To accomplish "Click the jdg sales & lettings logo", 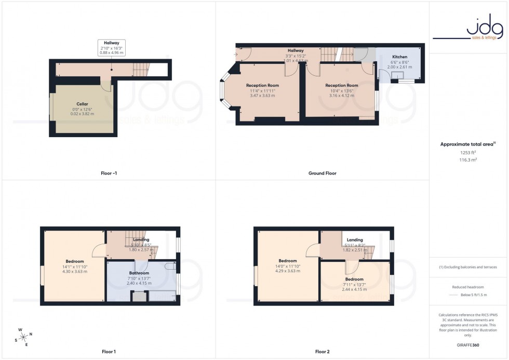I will point(468,30).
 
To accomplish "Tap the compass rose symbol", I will point(24,337).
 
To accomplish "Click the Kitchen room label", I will point(400,56).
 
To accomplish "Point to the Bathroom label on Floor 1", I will point(139,273).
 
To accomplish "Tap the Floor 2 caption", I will point(323,352).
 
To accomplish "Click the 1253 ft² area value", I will point(468,153).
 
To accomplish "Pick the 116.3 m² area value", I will point(468,160).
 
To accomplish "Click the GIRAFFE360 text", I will point(468,344).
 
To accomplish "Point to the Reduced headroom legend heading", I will point(468,287).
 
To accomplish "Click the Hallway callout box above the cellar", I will point(111,48).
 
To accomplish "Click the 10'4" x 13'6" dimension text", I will point(341,91).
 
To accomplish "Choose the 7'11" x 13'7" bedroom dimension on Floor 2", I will point(355,284).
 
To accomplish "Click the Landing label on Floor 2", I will point(355,239).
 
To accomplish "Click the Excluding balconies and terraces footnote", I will point(468,267).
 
